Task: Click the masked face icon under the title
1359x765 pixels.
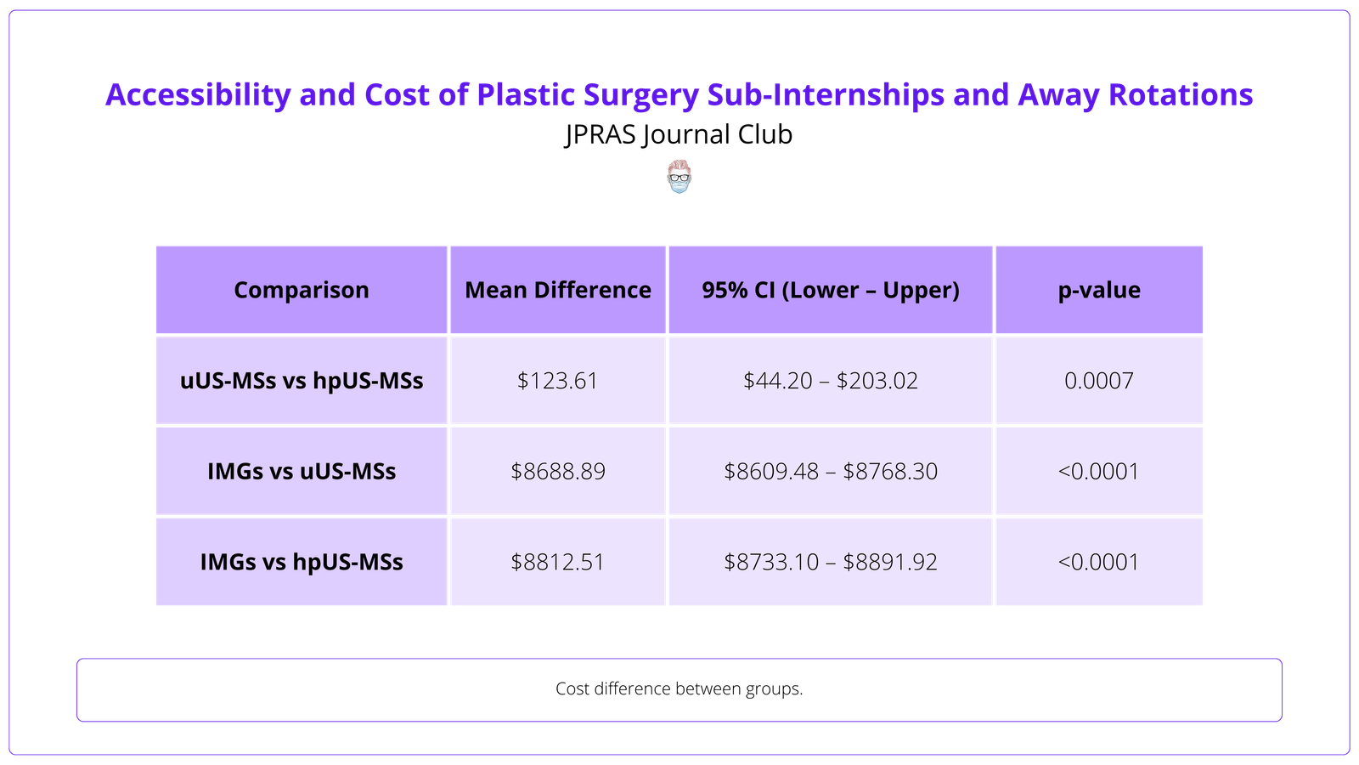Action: (x=679, y=177)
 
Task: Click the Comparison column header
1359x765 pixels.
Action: (x=302, y=290)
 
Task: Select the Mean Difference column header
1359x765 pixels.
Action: (x=558, y=290)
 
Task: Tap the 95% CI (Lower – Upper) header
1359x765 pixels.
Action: (x=830, y=290)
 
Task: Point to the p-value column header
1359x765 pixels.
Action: (x=1099, y=290)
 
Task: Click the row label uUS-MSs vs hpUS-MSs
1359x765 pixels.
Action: (x=302, y=380)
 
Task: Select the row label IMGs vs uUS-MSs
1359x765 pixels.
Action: (x=302, y=471)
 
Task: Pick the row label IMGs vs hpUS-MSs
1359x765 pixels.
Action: (x=302, y=562)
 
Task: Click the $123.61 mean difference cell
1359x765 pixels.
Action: (x=558, y=380)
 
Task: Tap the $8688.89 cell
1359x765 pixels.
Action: (x=558, y=471)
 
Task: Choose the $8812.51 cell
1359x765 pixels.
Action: (x=558, y=562)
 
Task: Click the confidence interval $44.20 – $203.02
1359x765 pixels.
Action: (x=830, y=380)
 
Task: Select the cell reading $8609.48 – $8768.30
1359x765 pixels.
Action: (x=830, y=471)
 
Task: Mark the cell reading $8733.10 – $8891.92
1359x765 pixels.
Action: (x=830, y=562)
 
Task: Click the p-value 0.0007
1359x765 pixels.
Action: (x=1099, y=380)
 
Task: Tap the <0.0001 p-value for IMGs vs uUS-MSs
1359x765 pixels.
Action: (x=1099, y=471)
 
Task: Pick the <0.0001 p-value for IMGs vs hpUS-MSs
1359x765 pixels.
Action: (x=1099, y=562)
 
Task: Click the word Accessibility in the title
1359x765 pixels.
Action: (x=198, y=94)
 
